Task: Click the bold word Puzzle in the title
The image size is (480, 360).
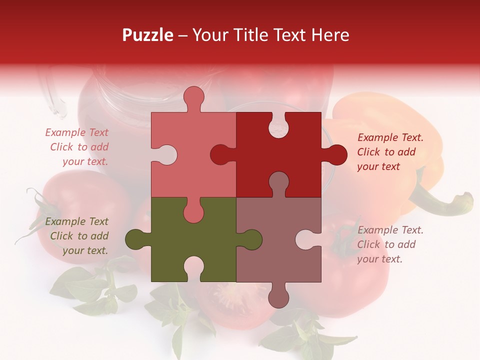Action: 148,35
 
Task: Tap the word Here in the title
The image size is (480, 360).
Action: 330,35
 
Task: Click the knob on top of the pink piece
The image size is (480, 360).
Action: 194,97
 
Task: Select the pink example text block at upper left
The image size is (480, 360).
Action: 77,147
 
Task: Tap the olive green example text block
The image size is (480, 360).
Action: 77,236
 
